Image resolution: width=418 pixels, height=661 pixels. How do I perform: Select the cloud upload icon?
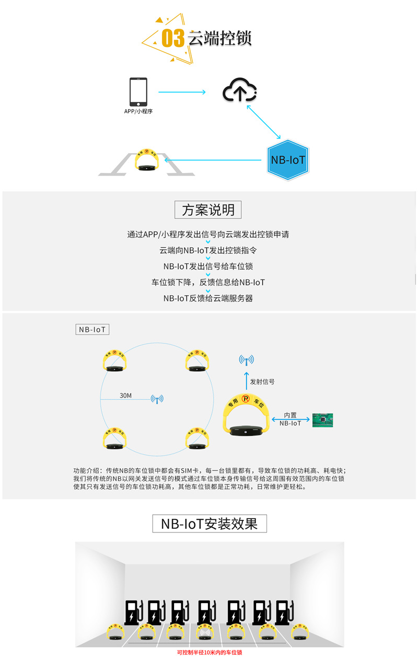coord(240,91)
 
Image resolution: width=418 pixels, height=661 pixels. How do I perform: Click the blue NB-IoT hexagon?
coord(287,160)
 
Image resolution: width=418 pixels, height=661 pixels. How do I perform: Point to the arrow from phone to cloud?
coord(181,92)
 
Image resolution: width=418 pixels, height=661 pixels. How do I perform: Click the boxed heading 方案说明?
coord(208,210)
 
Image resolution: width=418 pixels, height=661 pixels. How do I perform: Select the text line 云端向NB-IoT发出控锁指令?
coord(208,250)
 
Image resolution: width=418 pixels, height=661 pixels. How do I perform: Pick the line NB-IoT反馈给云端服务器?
coord(208,298)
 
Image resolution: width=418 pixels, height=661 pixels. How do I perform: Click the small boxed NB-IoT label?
coord(92,330)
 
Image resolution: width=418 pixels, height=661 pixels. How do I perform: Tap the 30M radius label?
coord(125,396)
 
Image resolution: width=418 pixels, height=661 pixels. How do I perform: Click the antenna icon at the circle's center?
coord(157,399)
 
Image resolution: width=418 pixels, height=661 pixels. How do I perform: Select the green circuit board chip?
coord(322,419)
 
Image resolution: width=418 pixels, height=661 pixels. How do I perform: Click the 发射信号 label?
coord(262,381)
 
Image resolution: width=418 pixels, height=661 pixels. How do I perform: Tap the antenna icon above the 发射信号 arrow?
coord(246,360)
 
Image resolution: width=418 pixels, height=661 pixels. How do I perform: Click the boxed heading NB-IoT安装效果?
coord(209,524)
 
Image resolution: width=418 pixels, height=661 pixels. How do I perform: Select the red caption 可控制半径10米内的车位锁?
coord(209,653)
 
